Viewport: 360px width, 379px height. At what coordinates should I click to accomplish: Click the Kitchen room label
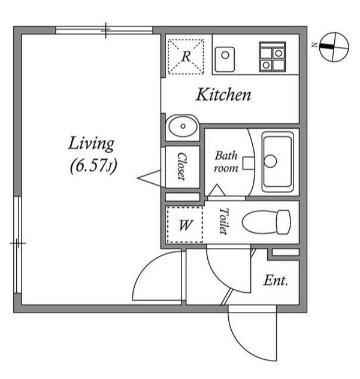(x=223, y=95)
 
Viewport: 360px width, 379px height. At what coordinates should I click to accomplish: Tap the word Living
(x=91, y=144)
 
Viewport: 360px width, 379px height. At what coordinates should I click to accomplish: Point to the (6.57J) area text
(x=93, y=166)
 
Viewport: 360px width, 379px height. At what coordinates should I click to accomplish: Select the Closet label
(x=182, y=166)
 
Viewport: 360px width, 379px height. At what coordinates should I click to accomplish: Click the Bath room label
(x=226, y=162)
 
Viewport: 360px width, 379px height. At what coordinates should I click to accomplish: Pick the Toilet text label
(x=223, y=221)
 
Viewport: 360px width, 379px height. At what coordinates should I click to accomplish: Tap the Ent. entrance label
(x=276, y=281)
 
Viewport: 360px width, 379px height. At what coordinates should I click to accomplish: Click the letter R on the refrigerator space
(x=186, y=56)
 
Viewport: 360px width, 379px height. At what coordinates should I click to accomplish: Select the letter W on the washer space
(x=186, y=225)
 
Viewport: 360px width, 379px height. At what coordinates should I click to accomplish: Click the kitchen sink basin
(x=225, y=59)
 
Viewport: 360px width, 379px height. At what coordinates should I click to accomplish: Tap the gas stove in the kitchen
(x=272, y=57)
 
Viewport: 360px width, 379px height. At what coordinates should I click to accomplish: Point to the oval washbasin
(x=183, y=126)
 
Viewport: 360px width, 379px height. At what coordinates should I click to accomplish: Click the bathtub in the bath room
(x=277, y=162)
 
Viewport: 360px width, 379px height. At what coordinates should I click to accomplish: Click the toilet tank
(x=283, y=222)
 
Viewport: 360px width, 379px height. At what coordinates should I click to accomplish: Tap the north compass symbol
(x=334, y=47)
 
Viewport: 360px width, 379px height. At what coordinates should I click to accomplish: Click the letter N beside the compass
(x=314, y=45)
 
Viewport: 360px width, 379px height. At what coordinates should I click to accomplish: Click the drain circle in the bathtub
(x=270, y=161)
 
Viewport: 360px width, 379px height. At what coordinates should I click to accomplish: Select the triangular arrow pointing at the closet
(x=149, y=178)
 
